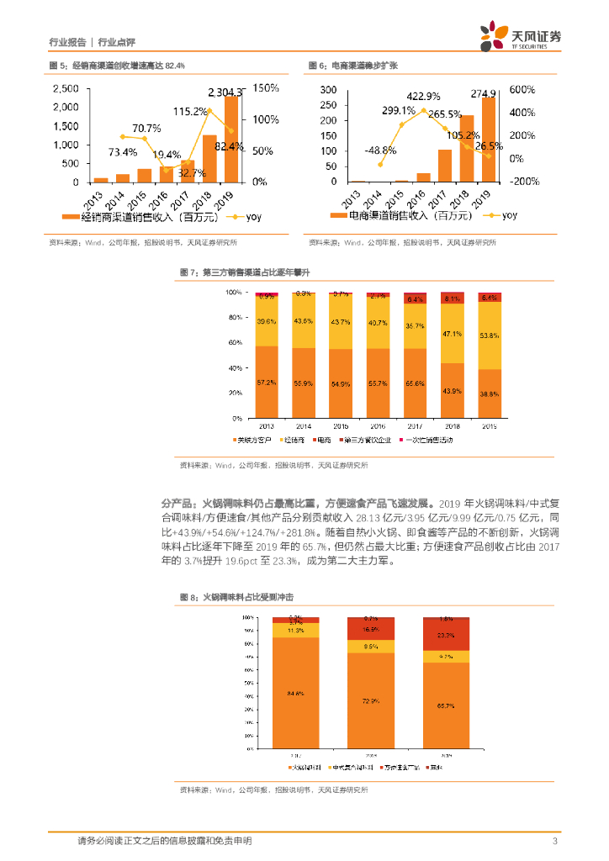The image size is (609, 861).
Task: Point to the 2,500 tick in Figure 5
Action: pyautogui.click(x=66, y=88)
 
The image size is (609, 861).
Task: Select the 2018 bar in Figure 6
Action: pyautogui.click(x=467, y=148)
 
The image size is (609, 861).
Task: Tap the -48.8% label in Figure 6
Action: pyautogui.click(x=380, y=151)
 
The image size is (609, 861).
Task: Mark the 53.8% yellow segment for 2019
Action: pyautogui.click(x=489, y=335)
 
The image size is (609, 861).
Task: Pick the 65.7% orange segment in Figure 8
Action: pyautogui.click(x=446, y=706)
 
